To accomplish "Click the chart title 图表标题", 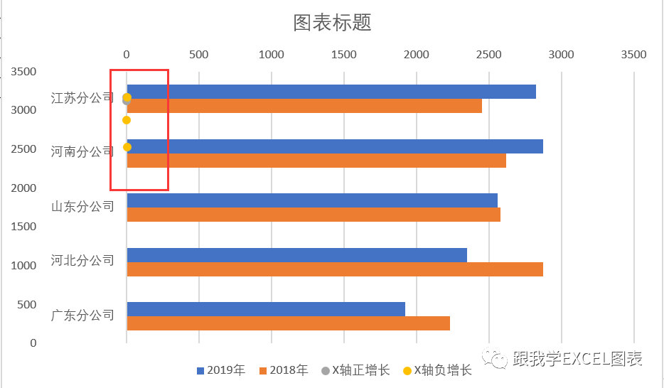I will pyautogui.click(x=332, y=23).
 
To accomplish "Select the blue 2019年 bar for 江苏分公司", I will pyautogui.click(x=331, y=92).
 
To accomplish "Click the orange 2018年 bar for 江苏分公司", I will pyautogui.click(x=304, y=106).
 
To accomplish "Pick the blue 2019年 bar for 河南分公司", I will pyautogui.click(x=334, y=146).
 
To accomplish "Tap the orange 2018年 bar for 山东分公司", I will pyautogui.click(x=314, y=215).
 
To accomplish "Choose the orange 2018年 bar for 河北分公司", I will pyautogui.click(x=334, y=269).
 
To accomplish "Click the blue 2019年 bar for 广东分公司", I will pyautogui.click(x=266, y=309).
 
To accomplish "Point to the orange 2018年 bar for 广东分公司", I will pyautogui.click(x=288, y=323).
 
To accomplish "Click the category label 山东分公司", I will pyautogui.click(x=82, y=207).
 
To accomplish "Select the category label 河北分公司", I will pyautogui.click(x=82, y=261).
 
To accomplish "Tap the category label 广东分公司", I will pyautogui.click(x=82, y=315).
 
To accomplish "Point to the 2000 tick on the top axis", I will pyautogui.click(x=417, y=55).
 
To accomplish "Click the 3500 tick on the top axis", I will pyautogui.click(x=633, y=55).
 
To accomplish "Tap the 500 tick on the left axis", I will pyautogui.click(x=27, y=304).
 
